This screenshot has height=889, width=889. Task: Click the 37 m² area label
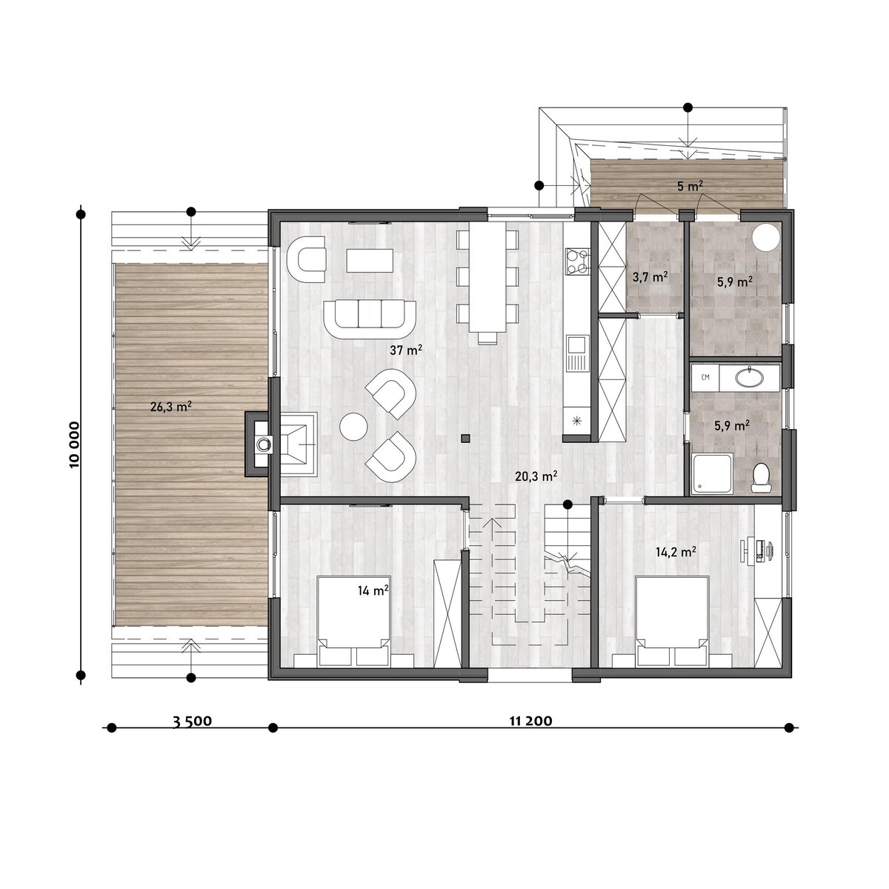click(x=406, y=350)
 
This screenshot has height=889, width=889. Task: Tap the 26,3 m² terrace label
click(x=170, y=407)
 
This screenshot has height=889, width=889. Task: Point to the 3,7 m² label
click(x=650, y=277)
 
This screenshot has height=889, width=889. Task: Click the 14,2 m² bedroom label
click(x=676, y=552)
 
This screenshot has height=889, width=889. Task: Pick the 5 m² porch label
click(x=690, y=186)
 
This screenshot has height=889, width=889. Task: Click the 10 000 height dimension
click(x=75, y=444)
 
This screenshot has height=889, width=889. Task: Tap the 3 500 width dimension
click(x=192, y=721)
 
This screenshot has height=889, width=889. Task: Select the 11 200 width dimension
click(x=530, y=721)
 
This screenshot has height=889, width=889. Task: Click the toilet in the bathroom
click(x=760, y=478)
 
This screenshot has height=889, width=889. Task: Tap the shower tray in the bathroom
click(x=713, y=474)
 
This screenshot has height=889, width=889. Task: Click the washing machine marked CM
click(x=705, y=378)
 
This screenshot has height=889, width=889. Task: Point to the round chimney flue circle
click(x=264, y=444)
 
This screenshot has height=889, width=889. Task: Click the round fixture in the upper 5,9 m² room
click(x=766, y=237)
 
